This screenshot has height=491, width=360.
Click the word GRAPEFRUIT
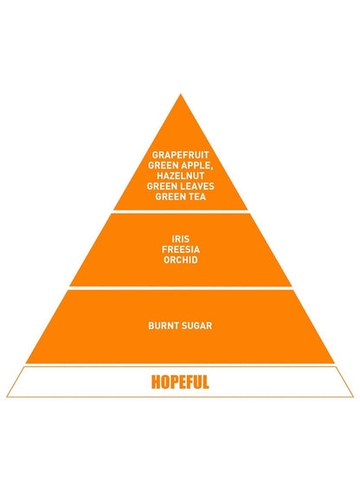pos(180,155)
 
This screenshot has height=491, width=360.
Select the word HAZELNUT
pos(180,176)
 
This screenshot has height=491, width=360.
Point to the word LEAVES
pos(196,186)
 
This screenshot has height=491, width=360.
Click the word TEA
pos(197,197)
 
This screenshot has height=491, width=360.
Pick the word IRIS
pos(181,239)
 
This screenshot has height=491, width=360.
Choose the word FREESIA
pos(181,249)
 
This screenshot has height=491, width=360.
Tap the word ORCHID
pos(181,260)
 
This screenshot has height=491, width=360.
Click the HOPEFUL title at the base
pos(180,382)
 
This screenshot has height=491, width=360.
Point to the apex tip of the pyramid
pos(180,94)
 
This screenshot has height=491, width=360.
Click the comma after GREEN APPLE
pos(211,168)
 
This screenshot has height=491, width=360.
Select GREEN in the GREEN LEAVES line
pos(161,186)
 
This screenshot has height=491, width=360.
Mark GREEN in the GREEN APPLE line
pos(162,165)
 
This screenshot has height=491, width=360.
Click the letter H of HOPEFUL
pos(155,382)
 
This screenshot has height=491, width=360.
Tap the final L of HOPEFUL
pos(205,382)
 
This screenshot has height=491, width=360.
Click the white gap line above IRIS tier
pos(180,211)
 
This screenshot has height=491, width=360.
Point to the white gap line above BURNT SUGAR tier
pos(180,288)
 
